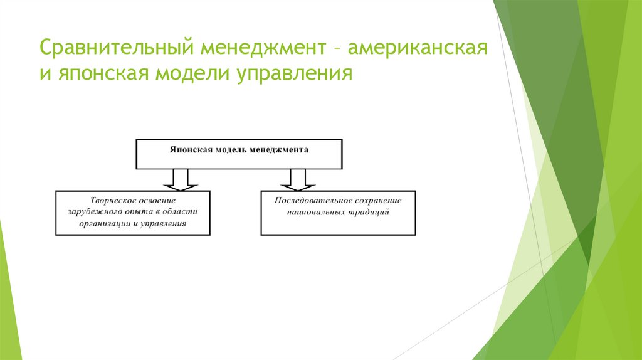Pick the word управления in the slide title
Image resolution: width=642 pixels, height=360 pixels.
295,75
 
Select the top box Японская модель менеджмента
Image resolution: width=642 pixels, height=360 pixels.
239,154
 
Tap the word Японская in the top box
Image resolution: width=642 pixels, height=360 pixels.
191,151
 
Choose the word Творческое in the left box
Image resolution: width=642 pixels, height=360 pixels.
112,200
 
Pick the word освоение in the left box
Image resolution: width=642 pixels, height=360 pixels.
154,200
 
